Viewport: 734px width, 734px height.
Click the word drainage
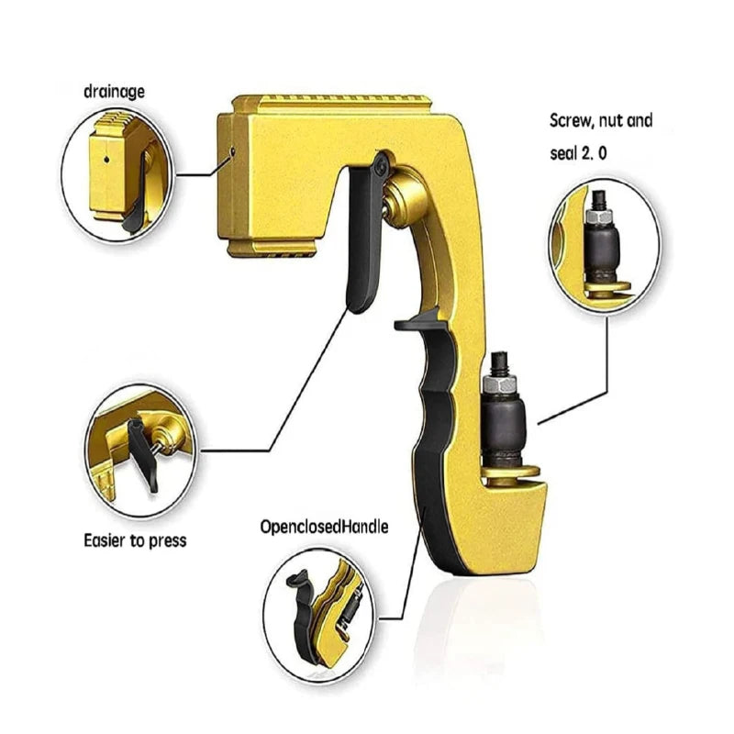(x=114, y=92)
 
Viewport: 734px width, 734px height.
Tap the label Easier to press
(x=135, y=540)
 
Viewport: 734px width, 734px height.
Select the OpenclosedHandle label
(x=324, y=527)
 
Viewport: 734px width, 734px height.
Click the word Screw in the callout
(x=569, y=121)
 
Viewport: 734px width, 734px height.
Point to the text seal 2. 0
(x=578, y=153)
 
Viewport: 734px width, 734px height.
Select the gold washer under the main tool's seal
(x=510, y=472)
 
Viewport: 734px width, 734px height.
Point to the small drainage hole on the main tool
(x=232, y=150)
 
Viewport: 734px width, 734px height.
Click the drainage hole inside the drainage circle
(x=106, y=160)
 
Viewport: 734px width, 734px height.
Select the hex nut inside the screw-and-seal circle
(x=599, y=216)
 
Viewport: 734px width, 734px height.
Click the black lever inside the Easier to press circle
(x=142, y=451)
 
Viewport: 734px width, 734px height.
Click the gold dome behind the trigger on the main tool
(x=405, y=199)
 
